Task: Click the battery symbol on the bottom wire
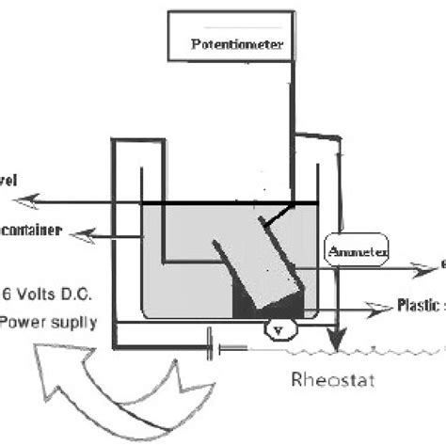click(x=215, y=348)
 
